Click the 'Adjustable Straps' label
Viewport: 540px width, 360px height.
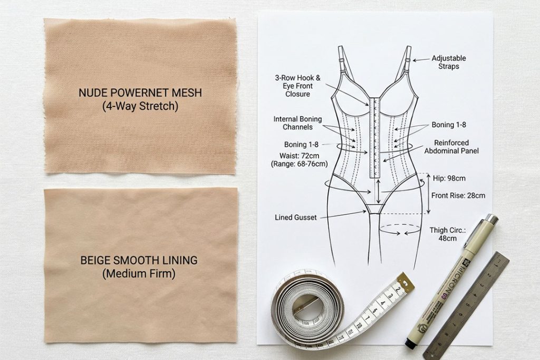tap(449, 62)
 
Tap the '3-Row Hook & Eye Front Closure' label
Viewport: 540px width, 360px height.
tap(297, 86)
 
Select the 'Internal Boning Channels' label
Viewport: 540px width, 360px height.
tap(297, 123)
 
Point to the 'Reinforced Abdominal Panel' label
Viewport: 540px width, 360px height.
tap(451, 147)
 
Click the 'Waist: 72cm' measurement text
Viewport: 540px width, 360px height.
tap(299, 155)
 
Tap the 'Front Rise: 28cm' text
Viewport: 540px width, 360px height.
tap(458, 196)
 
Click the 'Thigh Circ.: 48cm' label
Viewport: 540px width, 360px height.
tap(447, 234)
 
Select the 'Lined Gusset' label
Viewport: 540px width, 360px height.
tap(295, 218)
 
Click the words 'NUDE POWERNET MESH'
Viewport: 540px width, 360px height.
tap(140, 93)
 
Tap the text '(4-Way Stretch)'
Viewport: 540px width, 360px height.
tap(140, 106)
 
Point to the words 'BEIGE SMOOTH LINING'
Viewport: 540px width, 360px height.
tap(139, 260)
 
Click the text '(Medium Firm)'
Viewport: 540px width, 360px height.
tap(139, 274)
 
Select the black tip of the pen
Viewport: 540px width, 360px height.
tap(409, 343)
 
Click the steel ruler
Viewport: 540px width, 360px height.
tap(466, 306)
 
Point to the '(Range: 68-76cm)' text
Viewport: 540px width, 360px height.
tap(300, 164)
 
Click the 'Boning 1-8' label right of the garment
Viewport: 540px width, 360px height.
tap(449, 124)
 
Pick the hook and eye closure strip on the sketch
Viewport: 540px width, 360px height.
tap(375, 138)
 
